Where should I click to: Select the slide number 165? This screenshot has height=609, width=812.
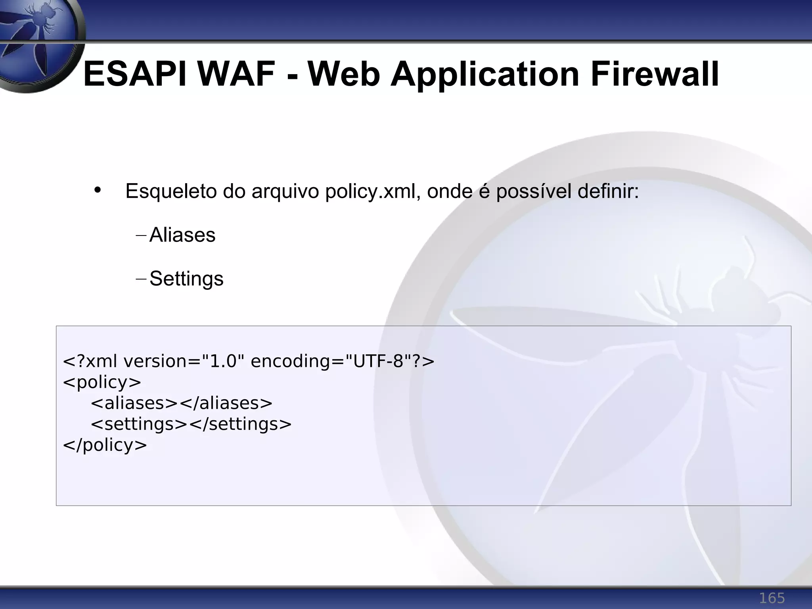click(x=772, y=598)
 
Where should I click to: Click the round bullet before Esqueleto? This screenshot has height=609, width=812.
click(x=98, y=190)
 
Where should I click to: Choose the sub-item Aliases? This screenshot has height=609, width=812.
click(x=182, y=235)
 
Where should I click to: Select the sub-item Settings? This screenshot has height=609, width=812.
click(x=186, y=279)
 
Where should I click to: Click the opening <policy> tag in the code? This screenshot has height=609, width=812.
click(x=102, y=382)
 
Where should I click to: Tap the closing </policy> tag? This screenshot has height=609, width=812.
click(x=105, y=445)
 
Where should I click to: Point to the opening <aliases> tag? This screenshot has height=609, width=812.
click(x=134, y=403)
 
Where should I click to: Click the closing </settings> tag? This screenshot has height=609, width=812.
click(x=240, y=424)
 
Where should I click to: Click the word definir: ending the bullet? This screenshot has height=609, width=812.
click(x=608, y=192)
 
